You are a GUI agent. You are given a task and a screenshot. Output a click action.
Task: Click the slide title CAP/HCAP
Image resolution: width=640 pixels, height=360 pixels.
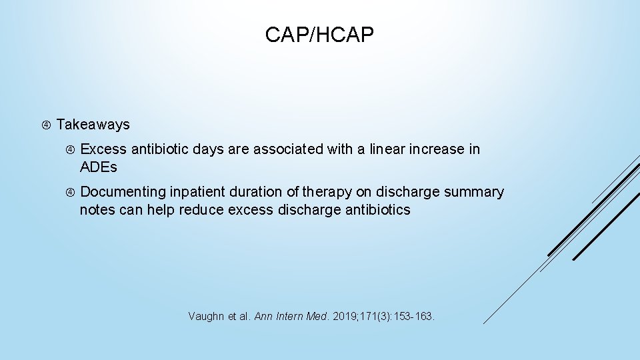pos(319,35)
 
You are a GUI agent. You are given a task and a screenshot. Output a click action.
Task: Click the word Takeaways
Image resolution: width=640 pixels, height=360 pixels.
pos(93,125)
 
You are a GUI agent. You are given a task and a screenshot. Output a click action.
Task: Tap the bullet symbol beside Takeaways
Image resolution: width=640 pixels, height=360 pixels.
pos(45,125)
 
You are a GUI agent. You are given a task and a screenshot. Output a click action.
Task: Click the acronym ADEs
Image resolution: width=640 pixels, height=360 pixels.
pos(98,167)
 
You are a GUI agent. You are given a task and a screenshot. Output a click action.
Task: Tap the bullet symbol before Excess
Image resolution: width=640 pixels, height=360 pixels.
pos(70,149)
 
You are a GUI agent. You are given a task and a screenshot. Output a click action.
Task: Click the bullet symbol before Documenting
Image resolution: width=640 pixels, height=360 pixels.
pos(70,192)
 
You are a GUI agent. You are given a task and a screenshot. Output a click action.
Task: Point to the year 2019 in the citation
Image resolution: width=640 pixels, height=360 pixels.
pos(344,316)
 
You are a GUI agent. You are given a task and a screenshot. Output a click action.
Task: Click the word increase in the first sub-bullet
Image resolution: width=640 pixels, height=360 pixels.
pos(441,149)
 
